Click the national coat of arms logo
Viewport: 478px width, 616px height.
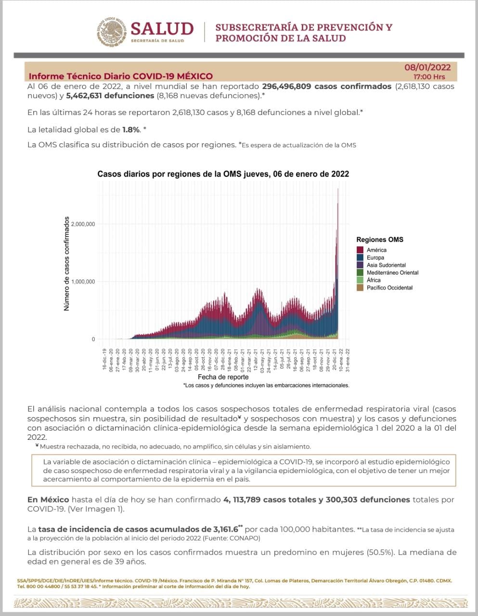pos(112,32)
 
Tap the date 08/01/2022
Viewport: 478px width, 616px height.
pos(427,67)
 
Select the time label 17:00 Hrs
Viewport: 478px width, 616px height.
pos(429,77)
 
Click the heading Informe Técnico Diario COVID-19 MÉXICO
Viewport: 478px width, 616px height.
pos(120,76)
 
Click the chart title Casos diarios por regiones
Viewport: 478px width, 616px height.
pos(223,174)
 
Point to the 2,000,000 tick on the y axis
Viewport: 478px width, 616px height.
pos(83,224)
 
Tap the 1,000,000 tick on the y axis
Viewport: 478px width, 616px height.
pos(83,282)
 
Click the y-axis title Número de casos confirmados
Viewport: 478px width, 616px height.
pos(67,263)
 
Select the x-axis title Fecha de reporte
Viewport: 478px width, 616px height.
pos(223,377)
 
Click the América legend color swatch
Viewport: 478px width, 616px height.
pos(360,250)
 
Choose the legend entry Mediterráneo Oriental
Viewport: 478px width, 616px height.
pos(392,273)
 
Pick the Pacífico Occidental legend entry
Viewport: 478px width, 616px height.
pos(389,288)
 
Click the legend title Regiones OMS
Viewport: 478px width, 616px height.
pos(380,240)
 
